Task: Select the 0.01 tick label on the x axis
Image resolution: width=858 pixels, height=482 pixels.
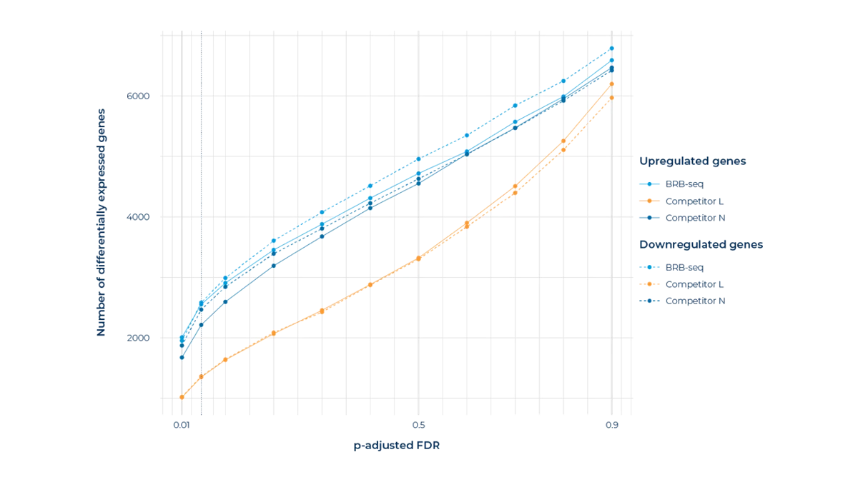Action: click(181, 425)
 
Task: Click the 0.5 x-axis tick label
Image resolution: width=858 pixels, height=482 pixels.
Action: click(420, 425)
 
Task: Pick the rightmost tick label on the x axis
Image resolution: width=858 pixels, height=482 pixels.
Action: click(612, 425)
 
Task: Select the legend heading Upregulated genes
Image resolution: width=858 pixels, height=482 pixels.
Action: click(693, 161)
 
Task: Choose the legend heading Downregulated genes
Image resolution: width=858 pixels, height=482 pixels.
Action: click(701, 244)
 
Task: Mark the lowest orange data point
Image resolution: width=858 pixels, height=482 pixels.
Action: click(182, 396)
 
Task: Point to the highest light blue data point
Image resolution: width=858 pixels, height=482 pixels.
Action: click(612, 48)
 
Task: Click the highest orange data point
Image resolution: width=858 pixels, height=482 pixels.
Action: click(612, 84)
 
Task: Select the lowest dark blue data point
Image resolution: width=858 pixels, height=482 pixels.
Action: click(182, 357)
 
